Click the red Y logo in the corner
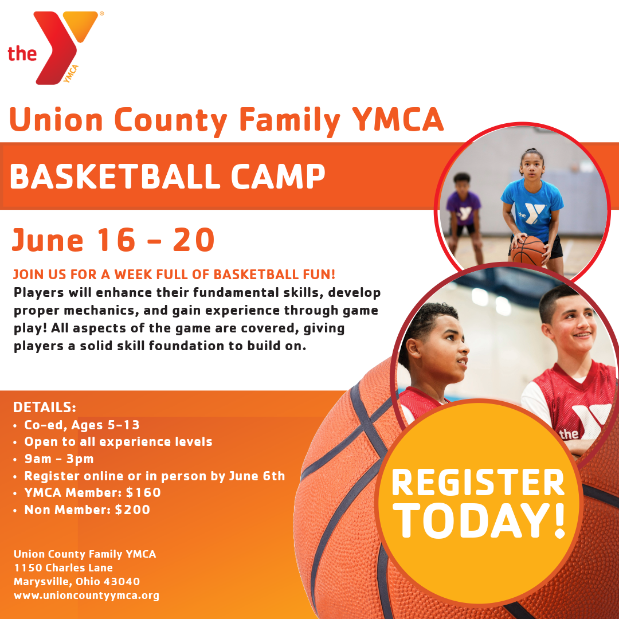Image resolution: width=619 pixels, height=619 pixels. pyautogui.click(x=59, y=48)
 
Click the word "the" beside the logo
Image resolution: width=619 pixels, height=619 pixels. pyautogui.click(x=22, y=53)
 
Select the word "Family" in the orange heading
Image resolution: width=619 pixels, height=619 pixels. pyautogui.click(x=289, y=120)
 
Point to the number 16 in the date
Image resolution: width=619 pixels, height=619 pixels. pyautogui.click(x=116, y=240)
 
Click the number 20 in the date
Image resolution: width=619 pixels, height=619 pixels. pyautogui.click(x=194, y=240)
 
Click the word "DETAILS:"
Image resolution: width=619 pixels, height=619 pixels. pyautogui.click(x=44, y=407)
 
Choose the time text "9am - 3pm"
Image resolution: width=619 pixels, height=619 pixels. pyautogui.click(x=59, y=459)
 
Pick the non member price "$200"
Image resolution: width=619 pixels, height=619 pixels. pyautogui.click(x=132, y=510)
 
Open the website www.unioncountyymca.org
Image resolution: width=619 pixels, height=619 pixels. pyautogui.click(x=87, y=596)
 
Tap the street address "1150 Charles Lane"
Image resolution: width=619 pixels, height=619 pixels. pyautogui.click(x=63, y=567)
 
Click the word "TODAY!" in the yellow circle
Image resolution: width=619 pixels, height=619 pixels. pyautogui.click(x=479, y=520)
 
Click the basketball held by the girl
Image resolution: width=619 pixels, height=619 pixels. pyautogui.click(x=528, y=250)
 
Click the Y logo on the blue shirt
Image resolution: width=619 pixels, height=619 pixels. pyautogui.click(x=531, y=214)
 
